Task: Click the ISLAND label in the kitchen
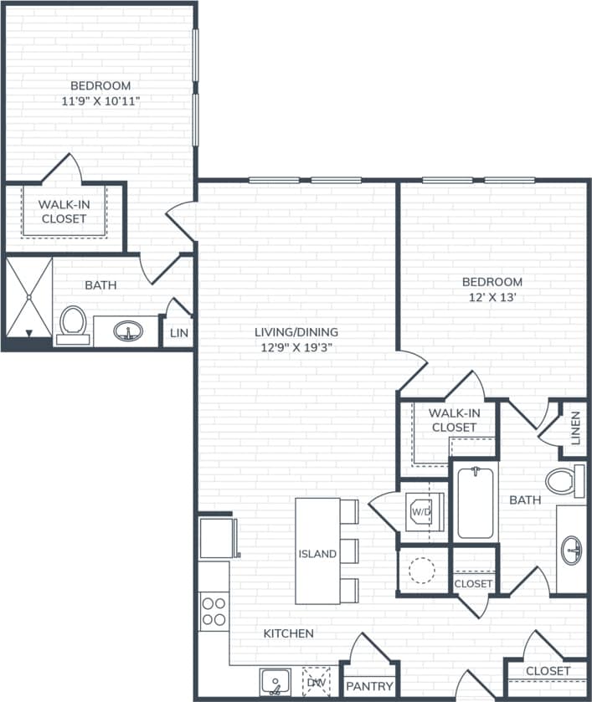pos(317,554)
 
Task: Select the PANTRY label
pos(368,686)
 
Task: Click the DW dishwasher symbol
pos(317,681)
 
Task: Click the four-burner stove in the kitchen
pos(214,611)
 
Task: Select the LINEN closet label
pos(575,428)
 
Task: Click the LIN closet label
pos(179,332)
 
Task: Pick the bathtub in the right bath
pos(475,503)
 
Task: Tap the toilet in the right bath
pos(561,481)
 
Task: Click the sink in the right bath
pos(572,550)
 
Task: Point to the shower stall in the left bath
pos(28,296)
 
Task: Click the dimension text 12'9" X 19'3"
pos(296,348)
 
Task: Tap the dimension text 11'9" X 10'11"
pos(100,101)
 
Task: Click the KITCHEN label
pos(289,633)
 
